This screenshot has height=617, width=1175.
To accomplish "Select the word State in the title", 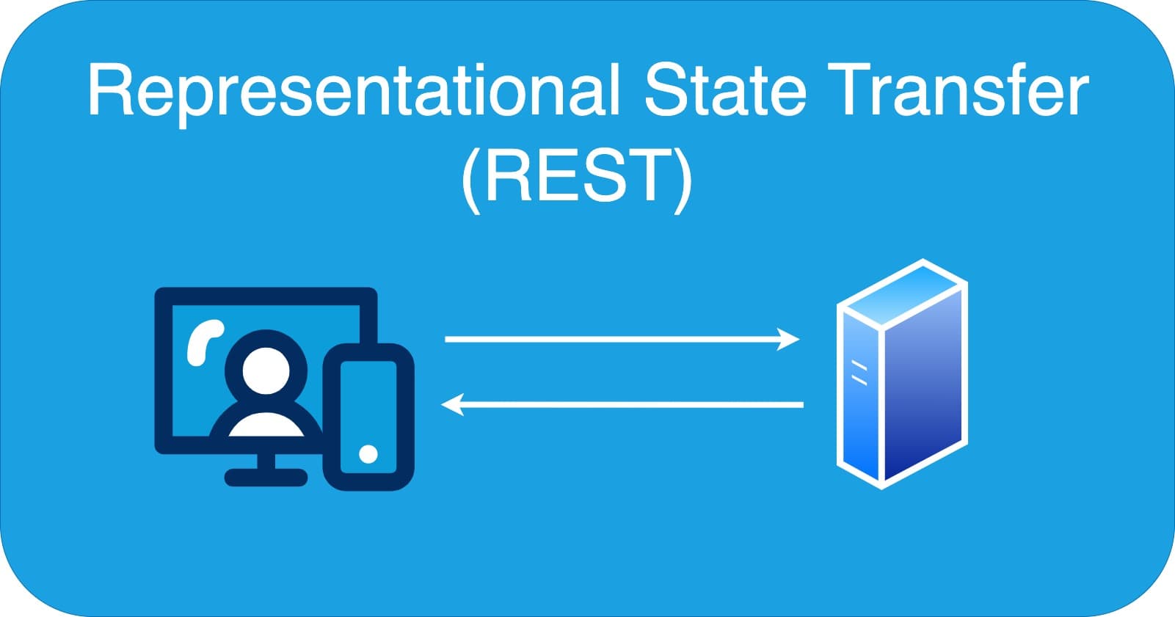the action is (x=725, y=91).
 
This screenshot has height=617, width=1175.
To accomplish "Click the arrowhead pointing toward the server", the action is (x=789, y=340).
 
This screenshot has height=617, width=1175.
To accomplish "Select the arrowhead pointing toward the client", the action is (x=452, y=404).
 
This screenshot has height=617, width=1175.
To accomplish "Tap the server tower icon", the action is (x=902, y=373).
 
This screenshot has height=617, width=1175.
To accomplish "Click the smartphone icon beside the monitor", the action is (x=368, y=416).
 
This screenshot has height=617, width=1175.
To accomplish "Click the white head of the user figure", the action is (x=265, y=370).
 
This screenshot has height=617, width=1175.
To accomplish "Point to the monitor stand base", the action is (x=266, y=478).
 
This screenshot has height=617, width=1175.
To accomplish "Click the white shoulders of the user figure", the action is (x=266, y=426).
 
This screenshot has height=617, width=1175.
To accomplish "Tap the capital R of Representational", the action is (x=110, y=91).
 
